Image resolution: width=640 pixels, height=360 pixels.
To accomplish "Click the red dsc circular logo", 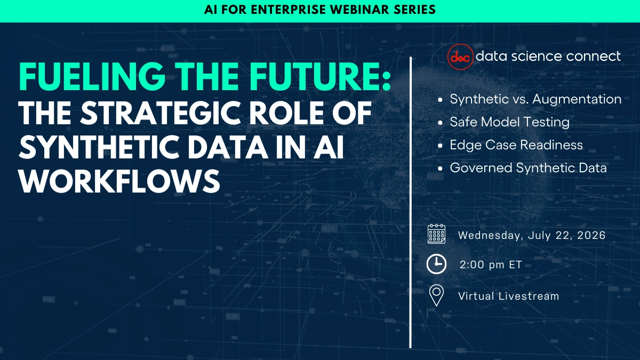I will tap(459, 56).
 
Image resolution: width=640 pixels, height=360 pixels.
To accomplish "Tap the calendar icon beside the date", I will tap(436, 235).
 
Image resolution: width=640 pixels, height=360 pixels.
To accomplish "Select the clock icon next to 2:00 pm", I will tap(436, 264).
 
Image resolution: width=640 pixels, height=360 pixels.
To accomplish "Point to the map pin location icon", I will tap(437, 295).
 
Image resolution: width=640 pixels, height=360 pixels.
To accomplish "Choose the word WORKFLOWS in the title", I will tap(119, 181).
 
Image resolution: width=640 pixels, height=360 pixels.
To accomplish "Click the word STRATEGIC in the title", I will tap(185, 116).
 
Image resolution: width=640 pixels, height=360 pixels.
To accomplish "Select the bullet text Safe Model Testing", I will tap(509, 122).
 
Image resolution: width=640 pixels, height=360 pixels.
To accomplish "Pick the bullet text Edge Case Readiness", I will tap(516, 145).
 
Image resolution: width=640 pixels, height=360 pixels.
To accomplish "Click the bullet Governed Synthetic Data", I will tap(528, 168).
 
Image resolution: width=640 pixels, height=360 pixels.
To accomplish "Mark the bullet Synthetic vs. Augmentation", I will tap(535, 99).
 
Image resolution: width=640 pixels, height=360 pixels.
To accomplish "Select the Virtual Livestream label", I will tap(508, 296).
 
